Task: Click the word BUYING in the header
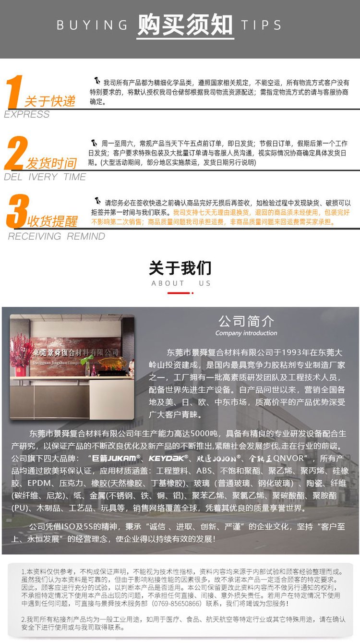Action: click(x=92, y=25)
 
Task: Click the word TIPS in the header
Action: click(x=261, y=25)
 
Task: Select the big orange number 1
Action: click(x=14, y=92)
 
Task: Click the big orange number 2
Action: click(x=16, y=153)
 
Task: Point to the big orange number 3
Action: click(x=17, y=211)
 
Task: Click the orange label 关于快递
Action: click(x=50, y=101)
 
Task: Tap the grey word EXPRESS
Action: click(x=27, y=114)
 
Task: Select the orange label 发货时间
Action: click(x=51, y=163)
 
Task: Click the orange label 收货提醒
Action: click(x=52, y=221)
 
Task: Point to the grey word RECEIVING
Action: click(x=35, y=236)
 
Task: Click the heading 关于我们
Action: click(x=180, y=268)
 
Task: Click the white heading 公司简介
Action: click(x=246, y=321)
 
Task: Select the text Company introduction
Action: click(x=246, y=333)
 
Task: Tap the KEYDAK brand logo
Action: click(x=168, y=459)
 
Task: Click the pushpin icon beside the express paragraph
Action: click(x=97, y=81)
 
